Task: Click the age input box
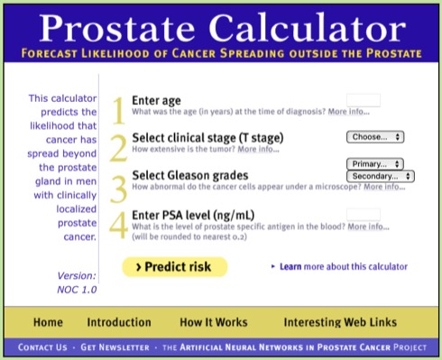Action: pyautogui.click(x=363, y=100)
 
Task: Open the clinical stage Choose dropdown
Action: pyautogui.click(x=374, y=137)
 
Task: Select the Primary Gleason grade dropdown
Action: pyautogui.click(x=374, y=163)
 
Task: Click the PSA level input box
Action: pyautogui.click(x=363, y=215)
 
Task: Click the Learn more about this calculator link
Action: pyautogui.click(x=343, y=267)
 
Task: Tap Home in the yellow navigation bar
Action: pyautogui.click(x=48, y=322)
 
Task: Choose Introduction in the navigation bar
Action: pyautogui.click(x=119, y=322)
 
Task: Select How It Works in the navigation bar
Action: pyautogui.click(x=210, y=322)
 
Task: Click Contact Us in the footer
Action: pyautogui.click(x=42, y=346)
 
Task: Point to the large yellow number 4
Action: pyautogui.click(x=118, y=226)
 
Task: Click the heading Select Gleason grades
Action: pyautogui.click(x=189, y=175)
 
